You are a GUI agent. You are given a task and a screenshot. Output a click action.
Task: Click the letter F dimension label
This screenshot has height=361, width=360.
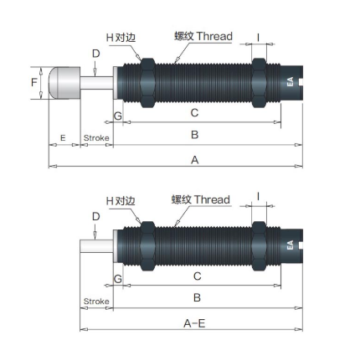(34, 82)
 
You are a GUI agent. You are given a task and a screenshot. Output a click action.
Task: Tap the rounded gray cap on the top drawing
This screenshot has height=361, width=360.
(64, 83)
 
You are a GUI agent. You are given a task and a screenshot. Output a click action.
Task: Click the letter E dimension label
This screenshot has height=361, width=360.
(63, 137)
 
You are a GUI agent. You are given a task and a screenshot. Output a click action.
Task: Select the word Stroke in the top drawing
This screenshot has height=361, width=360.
(96, 138)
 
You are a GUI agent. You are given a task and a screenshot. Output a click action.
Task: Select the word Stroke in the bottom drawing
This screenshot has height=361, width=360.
(96, 302)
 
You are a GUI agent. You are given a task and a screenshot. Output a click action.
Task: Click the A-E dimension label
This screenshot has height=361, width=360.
(194, 323)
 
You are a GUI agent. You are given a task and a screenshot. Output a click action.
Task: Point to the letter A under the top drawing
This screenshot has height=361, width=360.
(195, 160)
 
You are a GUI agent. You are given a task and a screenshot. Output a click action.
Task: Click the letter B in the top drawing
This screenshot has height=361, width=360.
(195, 135)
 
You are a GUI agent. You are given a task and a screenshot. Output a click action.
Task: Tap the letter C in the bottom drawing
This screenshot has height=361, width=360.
(197, 276)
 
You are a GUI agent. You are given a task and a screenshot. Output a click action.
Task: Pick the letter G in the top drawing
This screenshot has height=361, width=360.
(118, 116)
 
